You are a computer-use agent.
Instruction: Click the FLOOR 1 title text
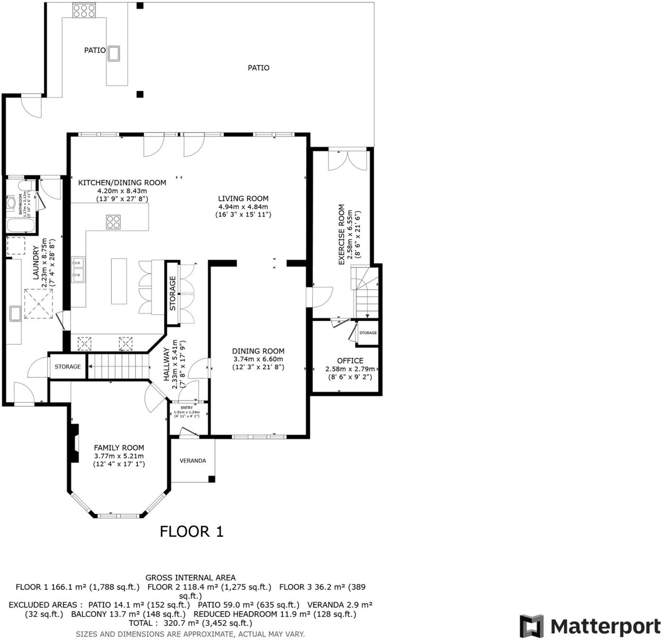191,531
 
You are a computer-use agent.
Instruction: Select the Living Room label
243,199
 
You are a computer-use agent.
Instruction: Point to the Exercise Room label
342,235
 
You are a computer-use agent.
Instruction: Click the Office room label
350,361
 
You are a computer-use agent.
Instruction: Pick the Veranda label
193,461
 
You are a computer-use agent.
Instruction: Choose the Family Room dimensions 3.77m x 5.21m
119,456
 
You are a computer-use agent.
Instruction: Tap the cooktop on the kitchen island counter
113,222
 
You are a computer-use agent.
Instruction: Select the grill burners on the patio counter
84,10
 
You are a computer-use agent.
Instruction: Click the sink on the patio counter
114,53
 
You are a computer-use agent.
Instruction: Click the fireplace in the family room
74,443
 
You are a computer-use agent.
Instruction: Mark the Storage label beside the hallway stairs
68,367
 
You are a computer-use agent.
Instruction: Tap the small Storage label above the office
368,333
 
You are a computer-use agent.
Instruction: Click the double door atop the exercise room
347,160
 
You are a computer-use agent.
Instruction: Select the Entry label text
186,408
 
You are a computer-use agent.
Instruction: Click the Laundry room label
35,263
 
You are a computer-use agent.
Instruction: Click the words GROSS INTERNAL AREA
190,578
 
